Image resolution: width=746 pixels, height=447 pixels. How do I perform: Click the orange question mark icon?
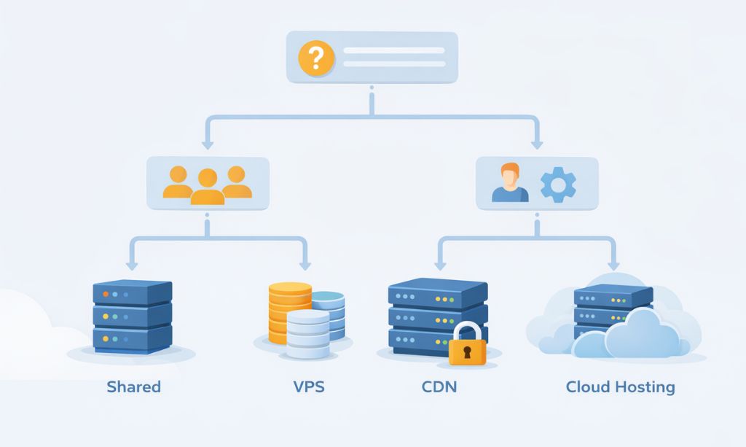coord(316,57)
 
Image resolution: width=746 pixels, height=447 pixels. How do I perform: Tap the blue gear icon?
coord(558,184)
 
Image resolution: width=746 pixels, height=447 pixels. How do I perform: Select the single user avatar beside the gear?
coord(510,184)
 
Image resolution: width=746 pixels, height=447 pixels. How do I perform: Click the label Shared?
coord(133,386)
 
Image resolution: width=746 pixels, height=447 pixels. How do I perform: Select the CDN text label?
coord(439,386)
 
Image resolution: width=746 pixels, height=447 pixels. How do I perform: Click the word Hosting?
coord(645,387)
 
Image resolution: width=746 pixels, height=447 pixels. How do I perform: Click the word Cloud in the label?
coord(587,386)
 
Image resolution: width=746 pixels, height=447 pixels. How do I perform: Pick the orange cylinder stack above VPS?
coord(289,310)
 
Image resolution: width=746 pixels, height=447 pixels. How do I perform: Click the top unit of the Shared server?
coord(132,293)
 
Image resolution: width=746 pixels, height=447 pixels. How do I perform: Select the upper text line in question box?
coord(393,50)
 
